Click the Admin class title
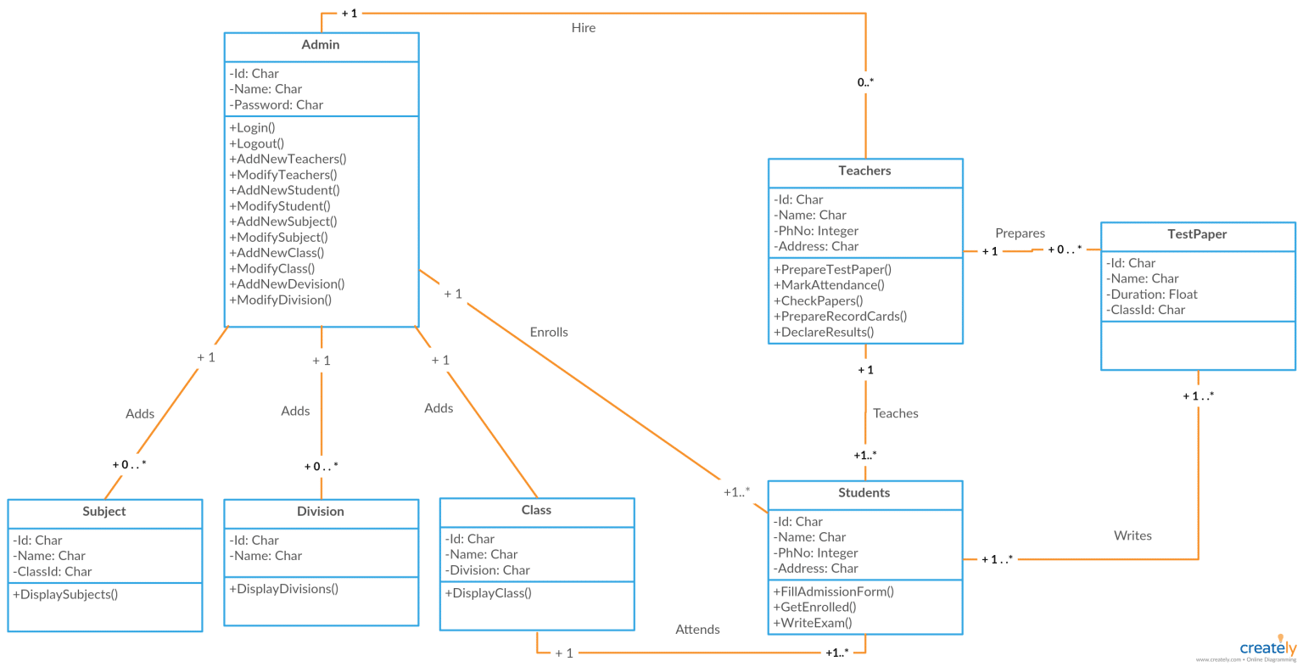321,45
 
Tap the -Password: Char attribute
276,105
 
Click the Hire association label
584,28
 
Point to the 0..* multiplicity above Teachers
865,82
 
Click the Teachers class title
864,171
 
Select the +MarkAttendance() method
829,285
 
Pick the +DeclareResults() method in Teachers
823,333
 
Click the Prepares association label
1020,233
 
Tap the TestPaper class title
1197,235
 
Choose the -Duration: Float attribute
1152,294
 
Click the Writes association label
1132,536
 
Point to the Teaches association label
896,414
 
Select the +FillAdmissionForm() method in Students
833,592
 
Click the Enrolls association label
549,333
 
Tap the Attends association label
697,630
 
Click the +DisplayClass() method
488,593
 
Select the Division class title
321,512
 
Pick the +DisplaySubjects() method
65,595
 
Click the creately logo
1268,648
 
